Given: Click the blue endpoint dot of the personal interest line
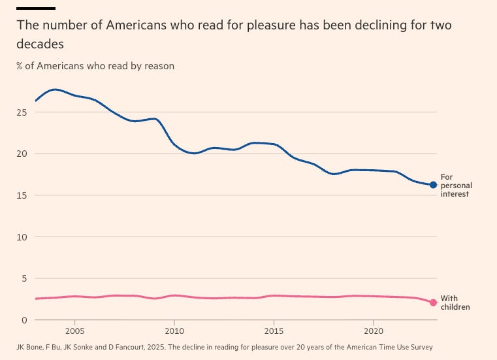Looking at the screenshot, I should point(433,185).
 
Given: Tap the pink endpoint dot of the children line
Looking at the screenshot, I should point(433,302).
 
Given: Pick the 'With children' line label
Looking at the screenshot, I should point(455,303).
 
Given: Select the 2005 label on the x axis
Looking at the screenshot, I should point(75,331).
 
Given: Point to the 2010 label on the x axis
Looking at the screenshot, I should point(174,331).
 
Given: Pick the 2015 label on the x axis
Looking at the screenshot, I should point(273,331).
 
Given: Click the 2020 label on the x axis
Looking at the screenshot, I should point(373,331).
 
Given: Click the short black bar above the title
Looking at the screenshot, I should point(36,8).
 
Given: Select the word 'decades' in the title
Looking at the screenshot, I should point(40,45).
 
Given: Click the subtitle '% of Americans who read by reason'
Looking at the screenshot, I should point(95,66).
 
